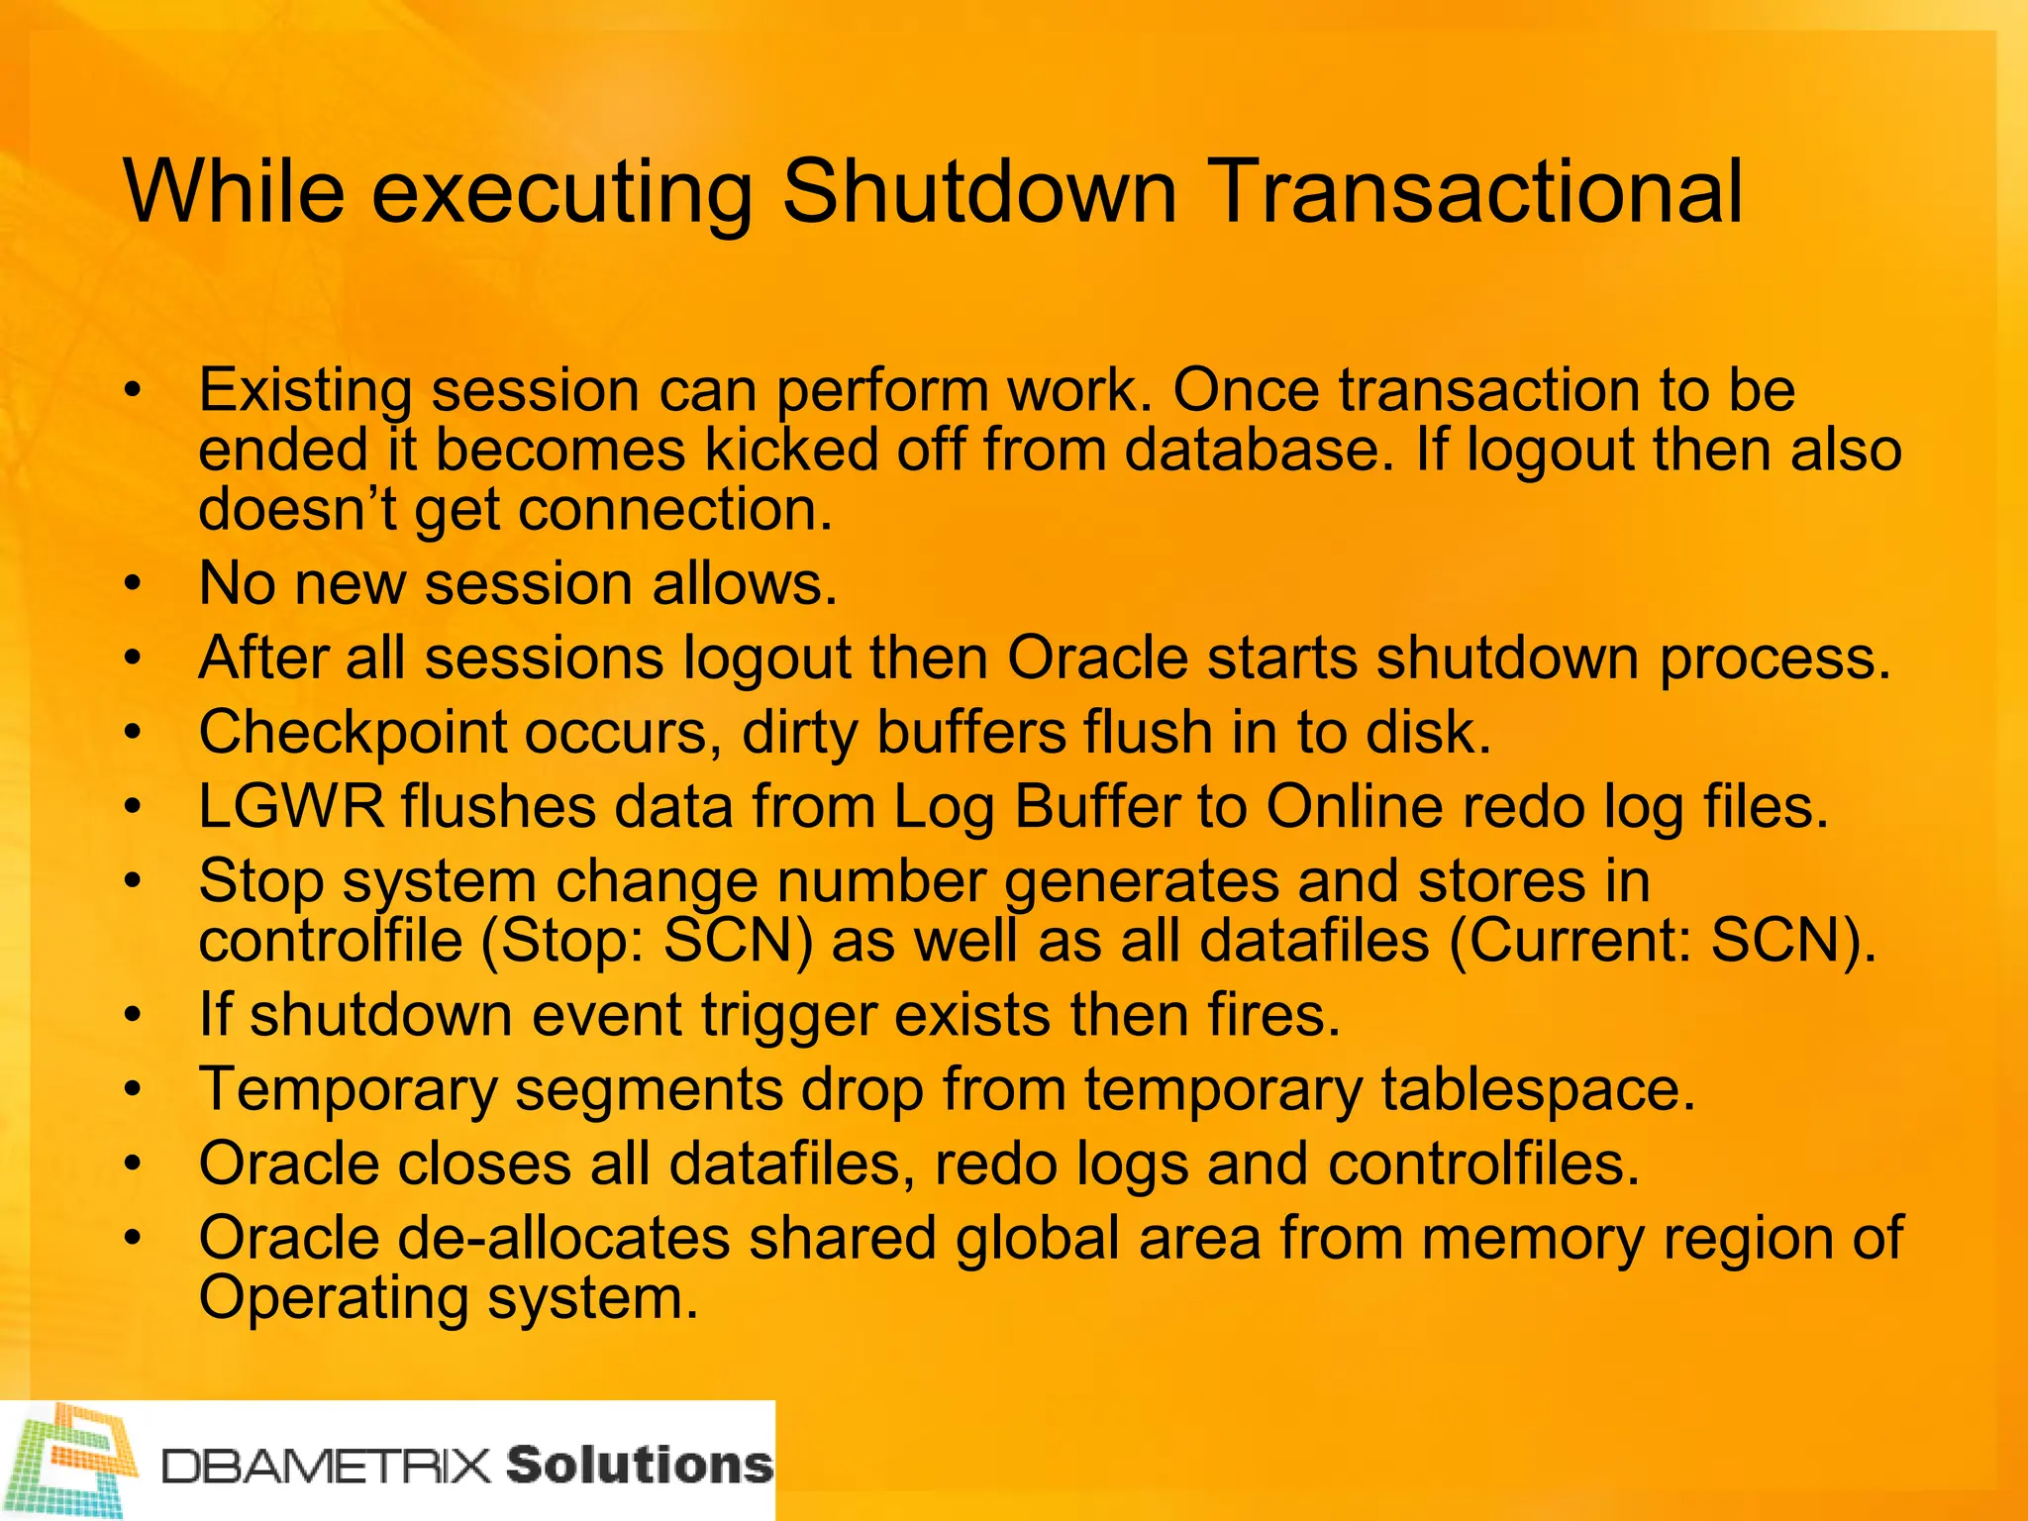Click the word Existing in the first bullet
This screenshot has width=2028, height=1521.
[x=305, y=390]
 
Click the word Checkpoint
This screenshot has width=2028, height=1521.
[x=353, y=733]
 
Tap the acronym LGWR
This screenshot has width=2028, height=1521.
[x=290, y=806]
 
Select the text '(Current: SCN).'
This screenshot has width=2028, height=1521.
[x=1663, y=941]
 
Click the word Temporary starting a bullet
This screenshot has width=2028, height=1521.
[x=348, y=1089]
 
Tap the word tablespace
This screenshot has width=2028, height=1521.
[x=1538, y=1089]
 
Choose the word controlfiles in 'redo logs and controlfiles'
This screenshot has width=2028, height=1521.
[x=1483, y=1164]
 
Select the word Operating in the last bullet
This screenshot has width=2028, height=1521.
[x=334, y=1298]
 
